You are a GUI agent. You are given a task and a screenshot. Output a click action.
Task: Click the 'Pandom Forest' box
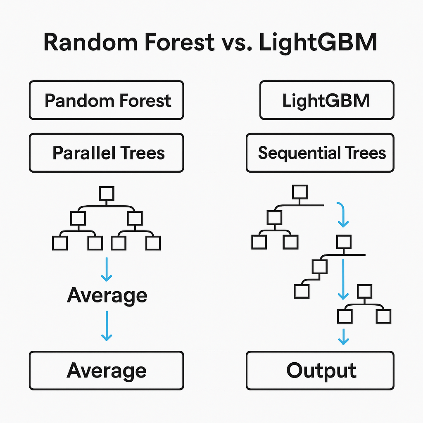[106, 100]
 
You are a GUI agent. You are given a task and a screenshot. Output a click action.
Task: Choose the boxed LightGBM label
[326, 100]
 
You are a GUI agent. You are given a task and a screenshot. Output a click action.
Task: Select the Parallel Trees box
[106, 153]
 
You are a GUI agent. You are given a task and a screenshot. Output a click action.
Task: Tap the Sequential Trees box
[320, 153]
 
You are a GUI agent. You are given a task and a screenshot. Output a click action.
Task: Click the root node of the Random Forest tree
[107, 192]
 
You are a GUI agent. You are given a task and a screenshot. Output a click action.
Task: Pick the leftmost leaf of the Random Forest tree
[59, 243]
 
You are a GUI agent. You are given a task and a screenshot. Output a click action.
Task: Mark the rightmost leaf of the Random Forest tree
[153, 243]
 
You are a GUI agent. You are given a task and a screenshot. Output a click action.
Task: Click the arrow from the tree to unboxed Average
[107, 269]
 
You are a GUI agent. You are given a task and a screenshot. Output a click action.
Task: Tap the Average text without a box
[107, 295]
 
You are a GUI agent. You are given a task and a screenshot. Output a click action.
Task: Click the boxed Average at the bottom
[106, 371]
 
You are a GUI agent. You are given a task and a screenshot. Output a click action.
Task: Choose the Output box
[320, 371]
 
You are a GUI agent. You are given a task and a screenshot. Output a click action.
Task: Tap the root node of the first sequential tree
[299, 192]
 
